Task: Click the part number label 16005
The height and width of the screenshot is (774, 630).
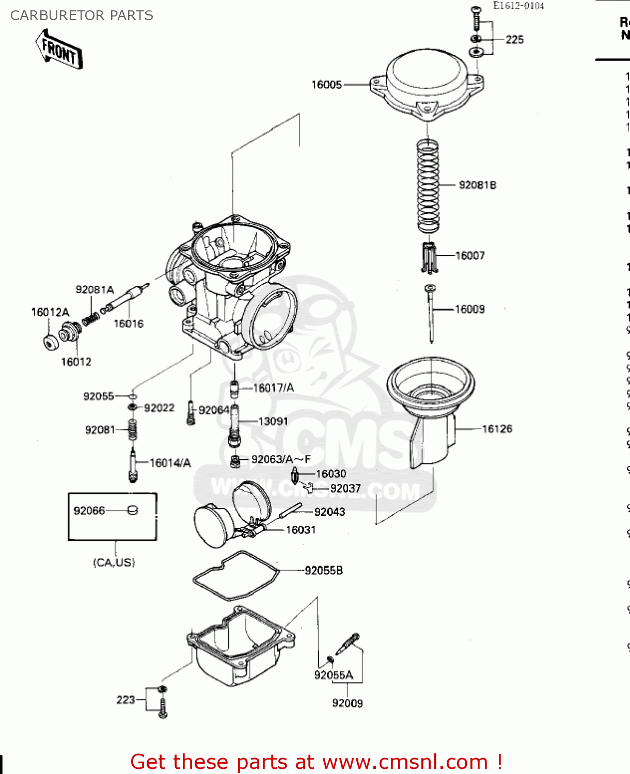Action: (x=326, y=85)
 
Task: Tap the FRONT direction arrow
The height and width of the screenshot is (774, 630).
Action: (x=59, y=50)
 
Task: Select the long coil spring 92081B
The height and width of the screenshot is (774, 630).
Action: (x=428, y=186)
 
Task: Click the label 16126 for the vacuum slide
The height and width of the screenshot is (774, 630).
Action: (x=497, y=429)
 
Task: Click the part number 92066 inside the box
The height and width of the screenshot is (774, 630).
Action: (x=89, y=511)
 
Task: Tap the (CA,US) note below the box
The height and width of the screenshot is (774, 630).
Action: (x=114, y=562)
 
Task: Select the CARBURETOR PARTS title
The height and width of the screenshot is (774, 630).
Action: (x=82, y=15)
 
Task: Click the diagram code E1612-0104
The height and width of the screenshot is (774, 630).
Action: (x=518, y=6)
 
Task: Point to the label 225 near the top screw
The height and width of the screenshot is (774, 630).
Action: (x=514, y=40)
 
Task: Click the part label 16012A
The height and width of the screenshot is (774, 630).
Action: (x=50, y=312)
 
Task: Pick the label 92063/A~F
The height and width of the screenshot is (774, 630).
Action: (x=281, y=459)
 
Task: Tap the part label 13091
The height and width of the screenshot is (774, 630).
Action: (x=273, y=422)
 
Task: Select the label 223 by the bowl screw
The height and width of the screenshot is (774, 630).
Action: (x=125, y=700)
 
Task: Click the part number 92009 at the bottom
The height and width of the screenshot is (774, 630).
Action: (x=347, y=703)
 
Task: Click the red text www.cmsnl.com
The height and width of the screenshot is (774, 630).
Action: (x=405, y=762)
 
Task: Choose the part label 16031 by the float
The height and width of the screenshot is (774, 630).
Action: (x=301, y=530)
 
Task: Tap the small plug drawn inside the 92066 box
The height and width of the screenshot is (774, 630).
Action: (x=133, y=510)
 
